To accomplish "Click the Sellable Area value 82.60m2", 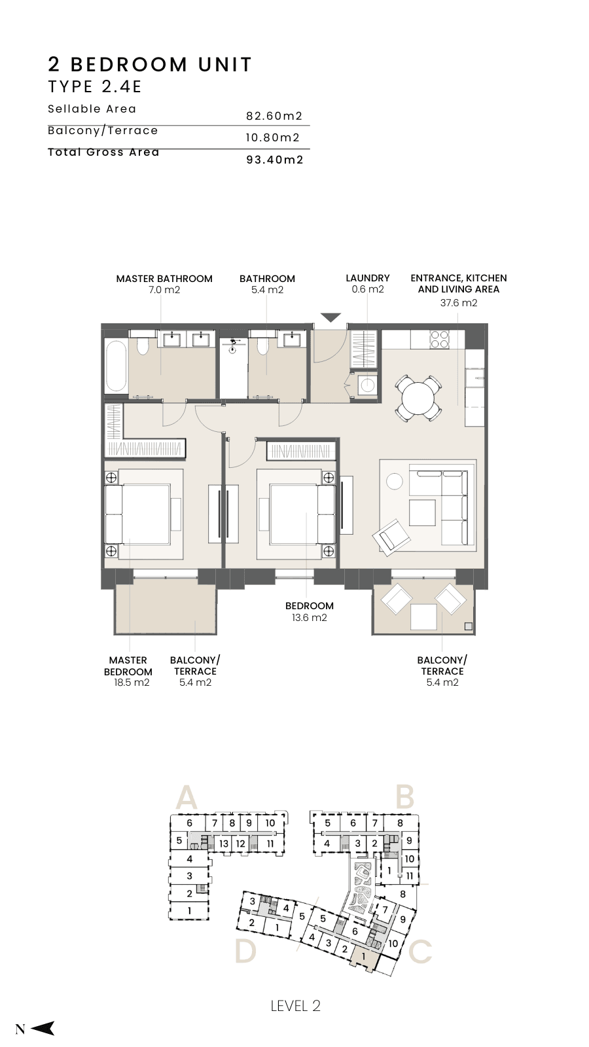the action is pyautogui.click(x=274, y=116).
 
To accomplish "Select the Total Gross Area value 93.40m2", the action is pyautogui.click(x=275, y=160).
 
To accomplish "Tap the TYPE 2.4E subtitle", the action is pyautogui.click(x=95, y=87).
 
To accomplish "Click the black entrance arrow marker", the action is pyautogui.click(x=330, y=317).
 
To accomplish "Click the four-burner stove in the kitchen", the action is pyautogui.click(x=439, y=340).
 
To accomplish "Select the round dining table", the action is pyautogui.click(x=419, y=399).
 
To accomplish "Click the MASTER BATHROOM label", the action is pyautogui.click(x=164, y=279).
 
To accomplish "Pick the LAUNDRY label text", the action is pyautogui.click(x=367, y=278).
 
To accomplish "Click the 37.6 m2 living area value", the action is pyautogui.click(x=459, y=303).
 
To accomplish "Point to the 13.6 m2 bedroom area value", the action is pyautogui.click(x=309, y=618).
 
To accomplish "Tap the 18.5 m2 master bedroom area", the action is pyautogui.click(x=132, y=683).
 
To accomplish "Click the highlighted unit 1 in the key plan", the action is pyautogui.click(x=363, y=957).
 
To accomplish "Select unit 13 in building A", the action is pyautogui.click(x=224, y=843).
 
